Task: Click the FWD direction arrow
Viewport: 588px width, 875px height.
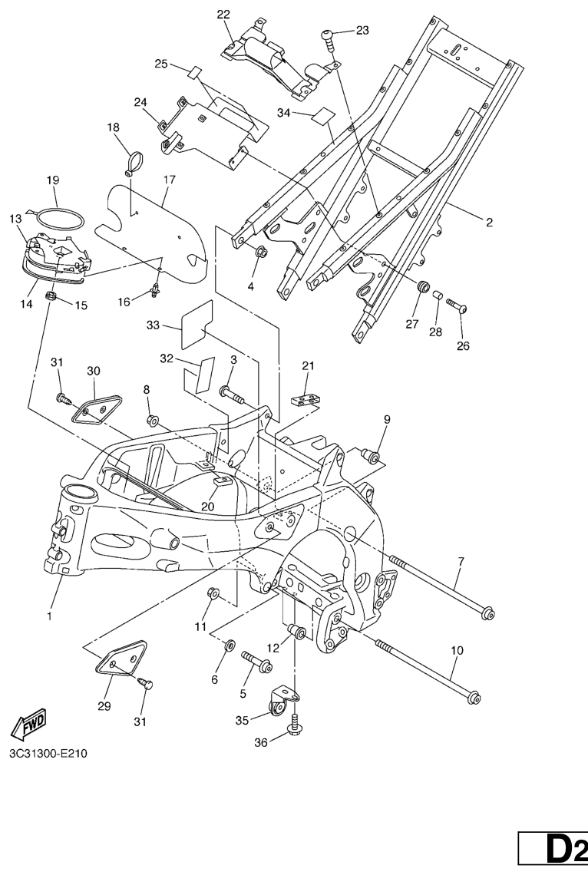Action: (29, 723)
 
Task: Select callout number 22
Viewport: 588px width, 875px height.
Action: (223, 15)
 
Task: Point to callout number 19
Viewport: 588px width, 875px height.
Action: (52, 180)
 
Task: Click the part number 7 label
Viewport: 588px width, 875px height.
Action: (461, 563)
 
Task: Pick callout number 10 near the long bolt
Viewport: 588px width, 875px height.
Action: (457, 650)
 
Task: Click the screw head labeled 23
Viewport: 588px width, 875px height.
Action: (328, 35)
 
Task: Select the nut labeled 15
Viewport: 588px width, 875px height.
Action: (52, 296)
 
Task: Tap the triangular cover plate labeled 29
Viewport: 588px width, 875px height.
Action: (123, 656)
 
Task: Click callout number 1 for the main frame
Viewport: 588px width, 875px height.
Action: (49, 616)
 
